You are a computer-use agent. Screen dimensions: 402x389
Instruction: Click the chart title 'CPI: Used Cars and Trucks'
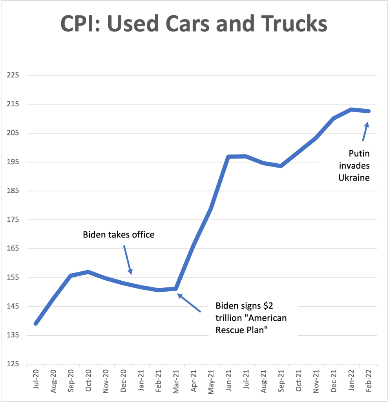click(194, 24)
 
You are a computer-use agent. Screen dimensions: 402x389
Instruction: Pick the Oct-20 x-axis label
click(88, 379)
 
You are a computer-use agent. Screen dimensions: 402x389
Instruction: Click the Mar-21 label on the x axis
click(176, 379)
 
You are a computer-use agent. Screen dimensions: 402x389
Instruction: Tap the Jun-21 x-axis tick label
click(229, 379)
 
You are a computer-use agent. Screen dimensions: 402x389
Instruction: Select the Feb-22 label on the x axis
click(369, 379)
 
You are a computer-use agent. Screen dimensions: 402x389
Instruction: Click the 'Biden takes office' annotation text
click(119, 235)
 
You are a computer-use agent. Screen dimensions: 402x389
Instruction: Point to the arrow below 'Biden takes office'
click(128, 260)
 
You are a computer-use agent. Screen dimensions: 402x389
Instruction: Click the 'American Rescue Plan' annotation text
click(251, 318)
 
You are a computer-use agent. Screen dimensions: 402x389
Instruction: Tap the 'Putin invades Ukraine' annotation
click(354, 165)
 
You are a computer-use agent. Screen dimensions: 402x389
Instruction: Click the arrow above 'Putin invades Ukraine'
click(365, 131)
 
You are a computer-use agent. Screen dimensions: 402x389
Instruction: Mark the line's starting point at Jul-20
click(36, 323)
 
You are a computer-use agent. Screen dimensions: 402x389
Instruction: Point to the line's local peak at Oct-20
click(88, 272)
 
